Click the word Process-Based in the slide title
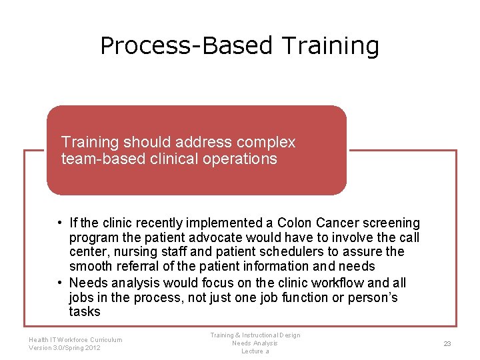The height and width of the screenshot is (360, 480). [186, 46]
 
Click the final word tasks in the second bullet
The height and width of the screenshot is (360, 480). [85, 312]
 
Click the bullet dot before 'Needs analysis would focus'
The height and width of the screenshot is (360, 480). [60, 283]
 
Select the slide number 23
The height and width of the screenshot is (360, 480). [447, 343]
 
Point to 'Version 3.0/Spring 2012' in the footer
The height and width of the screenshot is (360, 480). [64, 348]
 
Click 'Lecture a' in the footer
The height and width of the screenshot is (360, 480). [255, 351]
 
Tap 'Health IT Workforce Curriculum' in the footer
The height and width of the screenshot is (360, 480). [75, 339]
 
